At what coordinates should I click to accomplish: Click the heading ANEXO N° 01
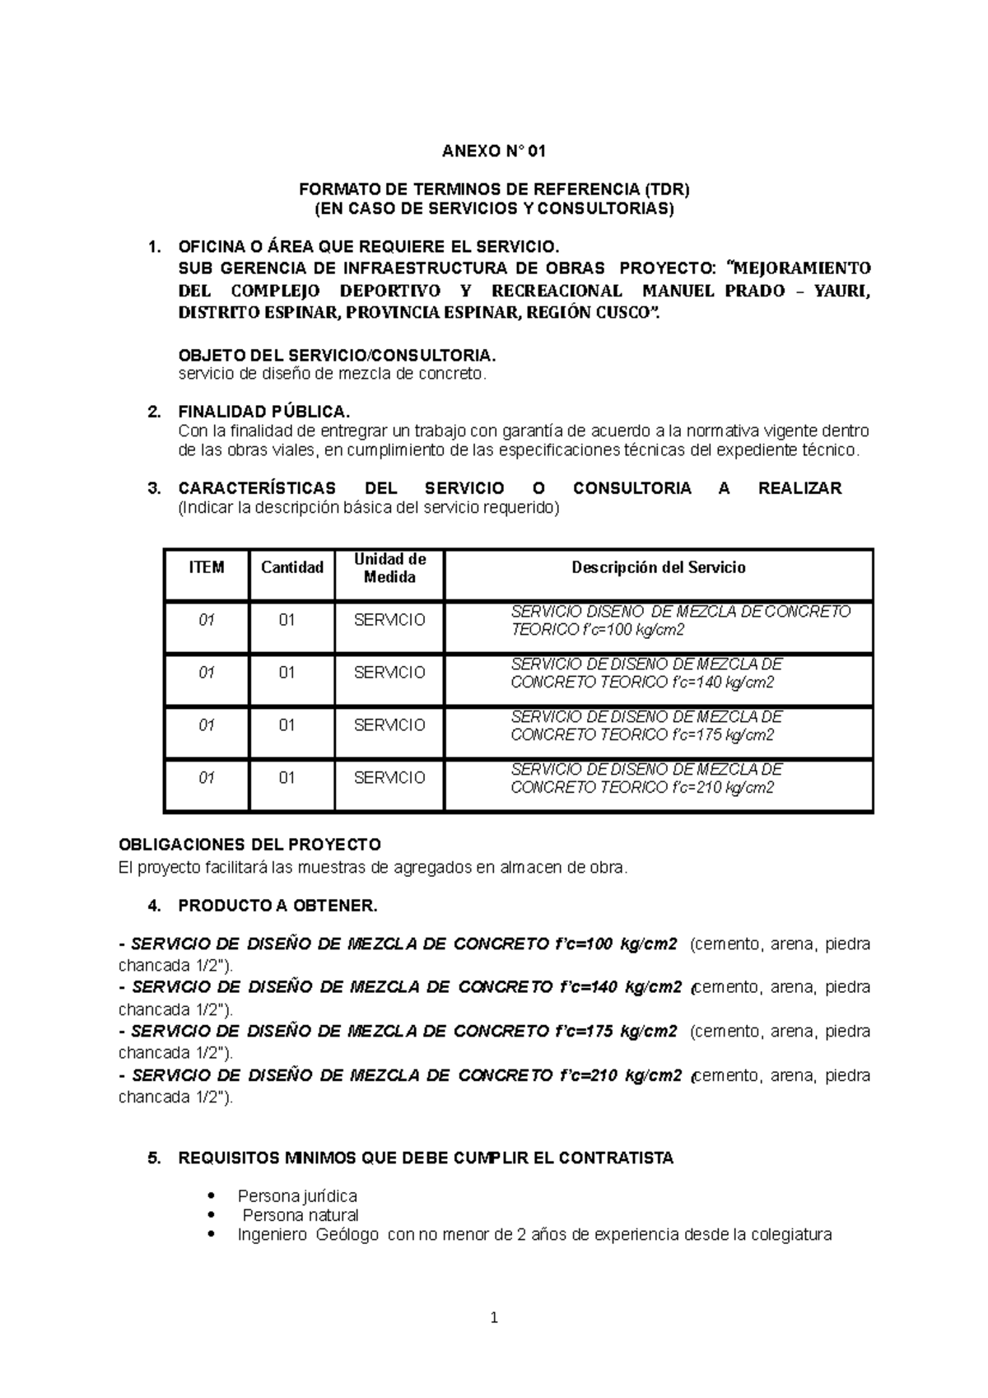(x=493, y=151)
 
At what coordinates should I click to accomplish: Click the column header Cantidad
(x=291, y=567)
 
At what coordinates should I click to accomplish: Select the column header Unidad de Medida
(x=389, y=568)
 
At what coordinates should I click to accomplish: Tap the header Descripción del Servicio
(x=659, y=567)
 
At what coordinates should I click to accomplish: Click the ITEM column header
(x=206, y=567)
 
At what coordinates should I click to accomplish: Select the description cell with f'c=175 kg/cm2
(x=646, y=726)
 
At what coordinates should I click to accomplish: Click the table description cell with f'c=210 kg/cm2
(x=646, y=779)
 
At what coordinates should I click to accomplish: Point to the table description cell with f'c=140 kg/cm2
(x=646, y=673)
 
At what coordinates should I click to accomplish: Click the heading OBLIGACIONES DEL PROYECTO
(x=249, y=845)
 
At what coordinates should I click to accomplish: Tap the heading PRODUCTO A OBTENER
(x=277, y=906)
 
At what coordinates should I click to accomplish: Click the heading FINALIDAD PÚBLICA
(x=264, y=412)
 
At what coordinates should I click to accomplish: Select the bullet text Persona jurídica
(x=296, y=1195)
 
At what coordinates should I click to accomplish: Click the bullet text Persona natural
(x=301, y=1215)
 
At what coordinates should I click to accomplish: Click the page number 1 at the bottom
(x=494, y=1318)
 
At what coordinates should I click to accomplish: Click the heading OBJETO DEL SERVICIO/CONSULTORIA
(x=338, y=356)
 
